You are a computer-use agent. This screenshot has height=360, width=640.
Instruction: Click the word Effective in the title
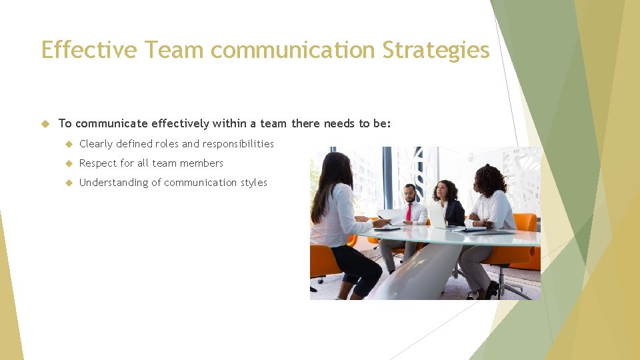89,50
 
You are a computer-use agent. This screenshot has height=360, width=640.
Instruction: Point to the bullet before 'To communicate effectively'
45,123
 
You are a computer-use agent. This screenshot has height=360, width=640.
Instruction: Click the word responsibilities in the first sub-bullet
238,144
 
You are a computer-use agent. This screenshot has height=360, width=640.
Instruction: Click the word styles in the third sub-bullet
254,183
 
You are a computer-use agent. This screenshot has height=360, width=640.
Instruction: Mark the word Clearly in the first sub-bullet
95,144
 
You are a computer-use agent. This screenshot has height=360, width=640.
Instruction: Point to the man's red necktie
409,212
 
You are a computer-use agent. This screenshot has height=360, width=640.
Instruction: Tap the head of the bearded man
409,193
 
